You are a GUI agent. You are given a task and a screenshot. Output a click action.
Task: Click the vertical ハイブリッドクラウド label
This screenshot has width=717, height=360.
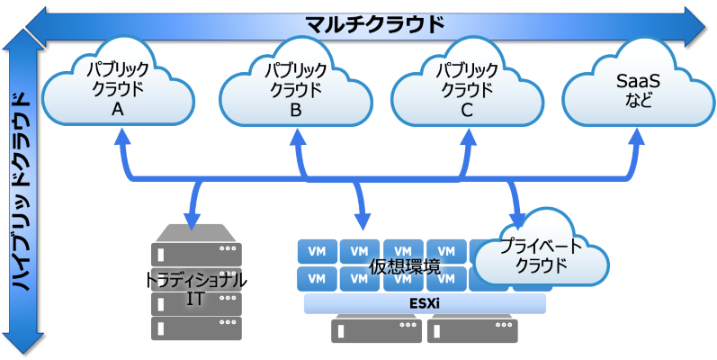pos(21,189)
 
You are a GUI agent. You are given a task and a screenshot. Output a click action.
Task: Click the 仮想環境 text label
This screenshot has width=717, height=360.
pos(405,266)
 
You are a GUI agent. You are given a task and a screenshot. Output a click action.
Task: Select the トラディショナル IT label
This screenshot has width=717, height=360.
pos(196,289)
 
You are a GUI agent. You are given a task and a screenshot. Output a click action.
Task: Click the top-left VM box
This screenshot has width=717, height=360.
pos(316,251)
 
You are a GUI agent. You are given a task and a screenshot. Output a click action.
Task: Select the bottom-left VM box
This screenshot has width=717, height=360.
pos(316,278)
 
